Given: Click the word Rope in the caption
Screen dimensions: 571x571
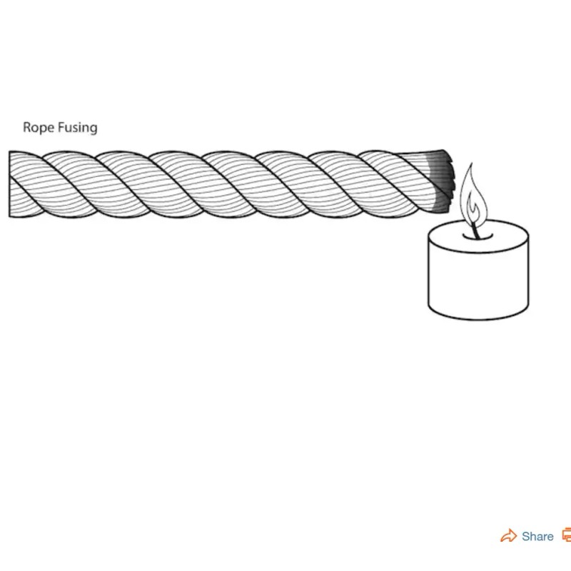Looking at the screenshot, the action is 37,128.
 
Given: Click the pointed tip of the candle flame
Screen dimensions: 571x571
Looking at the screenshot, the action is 469,166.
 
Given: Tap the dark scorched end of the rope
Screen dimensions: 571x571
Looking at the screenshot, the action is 441,182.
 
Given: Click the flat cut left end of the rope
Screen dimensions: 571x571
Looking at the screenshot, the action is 10,184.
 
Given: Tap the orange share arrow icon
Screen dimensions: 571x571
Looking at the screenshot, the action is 508,536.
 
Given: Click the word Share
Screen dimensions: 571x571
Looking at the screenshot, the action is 537,537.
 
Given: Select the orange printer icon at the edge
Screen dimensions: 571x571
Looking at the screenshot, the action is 567,535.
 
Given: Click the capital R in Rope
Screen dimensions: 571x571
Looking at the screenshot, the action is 27,128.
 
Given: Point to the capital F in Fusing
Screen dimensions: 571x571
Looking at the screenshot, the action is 61,128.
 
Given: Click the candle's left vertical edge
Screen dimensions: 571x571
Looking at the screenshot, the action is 429,271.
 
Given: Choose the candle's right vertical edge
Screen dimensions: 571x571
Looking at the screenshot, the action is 528,271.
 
